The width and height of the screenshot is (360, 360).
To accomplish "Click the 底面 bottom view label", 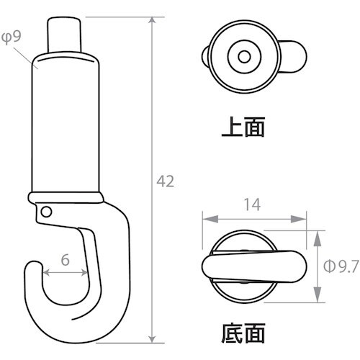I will point(243,333).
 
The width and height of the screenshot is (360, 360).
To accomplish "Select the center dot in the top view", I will point(242,55).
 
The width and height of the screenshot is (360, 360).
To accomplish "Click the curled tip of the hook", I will point(32,272).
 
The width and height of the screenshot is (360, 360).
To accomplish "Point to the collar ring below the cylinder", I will point(65,197).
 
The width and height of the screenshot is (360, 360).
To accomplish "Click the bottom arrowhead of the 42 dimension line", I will point(152,340).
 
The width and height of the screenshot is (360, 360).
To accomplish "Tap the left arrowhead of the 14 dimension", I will point(204,217).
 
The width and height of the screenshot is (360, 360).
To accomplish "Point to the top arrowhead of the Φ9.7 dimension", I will point(317,233).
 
